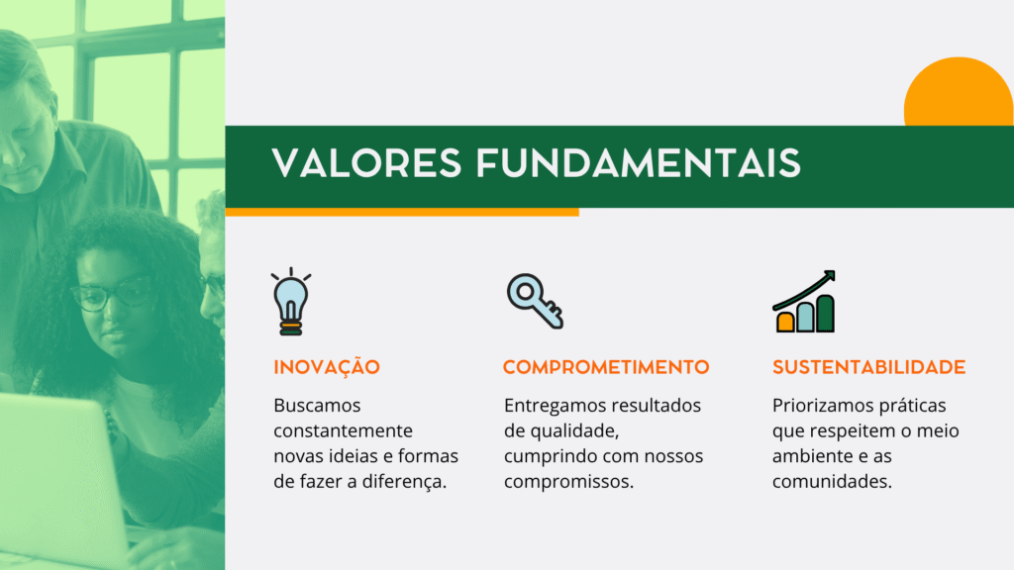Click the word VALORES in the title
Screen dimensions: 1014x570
pyautogui.click(x=366, y=163)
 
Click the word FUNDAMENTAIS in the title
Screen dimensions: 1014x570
pyautogui.click(x=639, y=163)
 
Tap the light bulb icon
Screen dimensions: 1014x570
pyautogui.click(x=291, y=302)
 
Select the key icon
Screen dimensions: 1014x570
pyautogui.click(x=535, y=301)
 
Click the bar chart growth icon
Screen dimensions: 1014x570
pyautogui.click(x=804, y=302)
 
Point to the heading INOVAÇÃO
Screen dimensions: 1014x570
pyautogui.click(x=327, y=366)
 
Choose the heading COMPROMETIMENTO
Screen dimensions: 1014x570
pyautogui.click(x=606, y=367)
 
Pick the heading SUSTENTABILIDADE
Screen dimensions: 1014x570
pyautogui.click(x=868, y=367)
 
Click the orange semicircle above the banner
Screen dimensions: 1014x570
pyautogui.click(x=959, y=91)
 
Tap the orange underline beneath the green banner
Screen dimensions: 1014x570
pyautogui.click(x=402, y=212)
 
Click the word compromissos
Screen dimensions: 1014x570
pyautogui.click(x=568, y=482)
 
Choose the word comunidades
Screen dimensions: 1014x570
pyautogui.click(x=832, y=482)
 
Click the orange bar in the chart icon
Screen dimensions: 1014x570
pyautogui.click(x=785, y=322)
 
